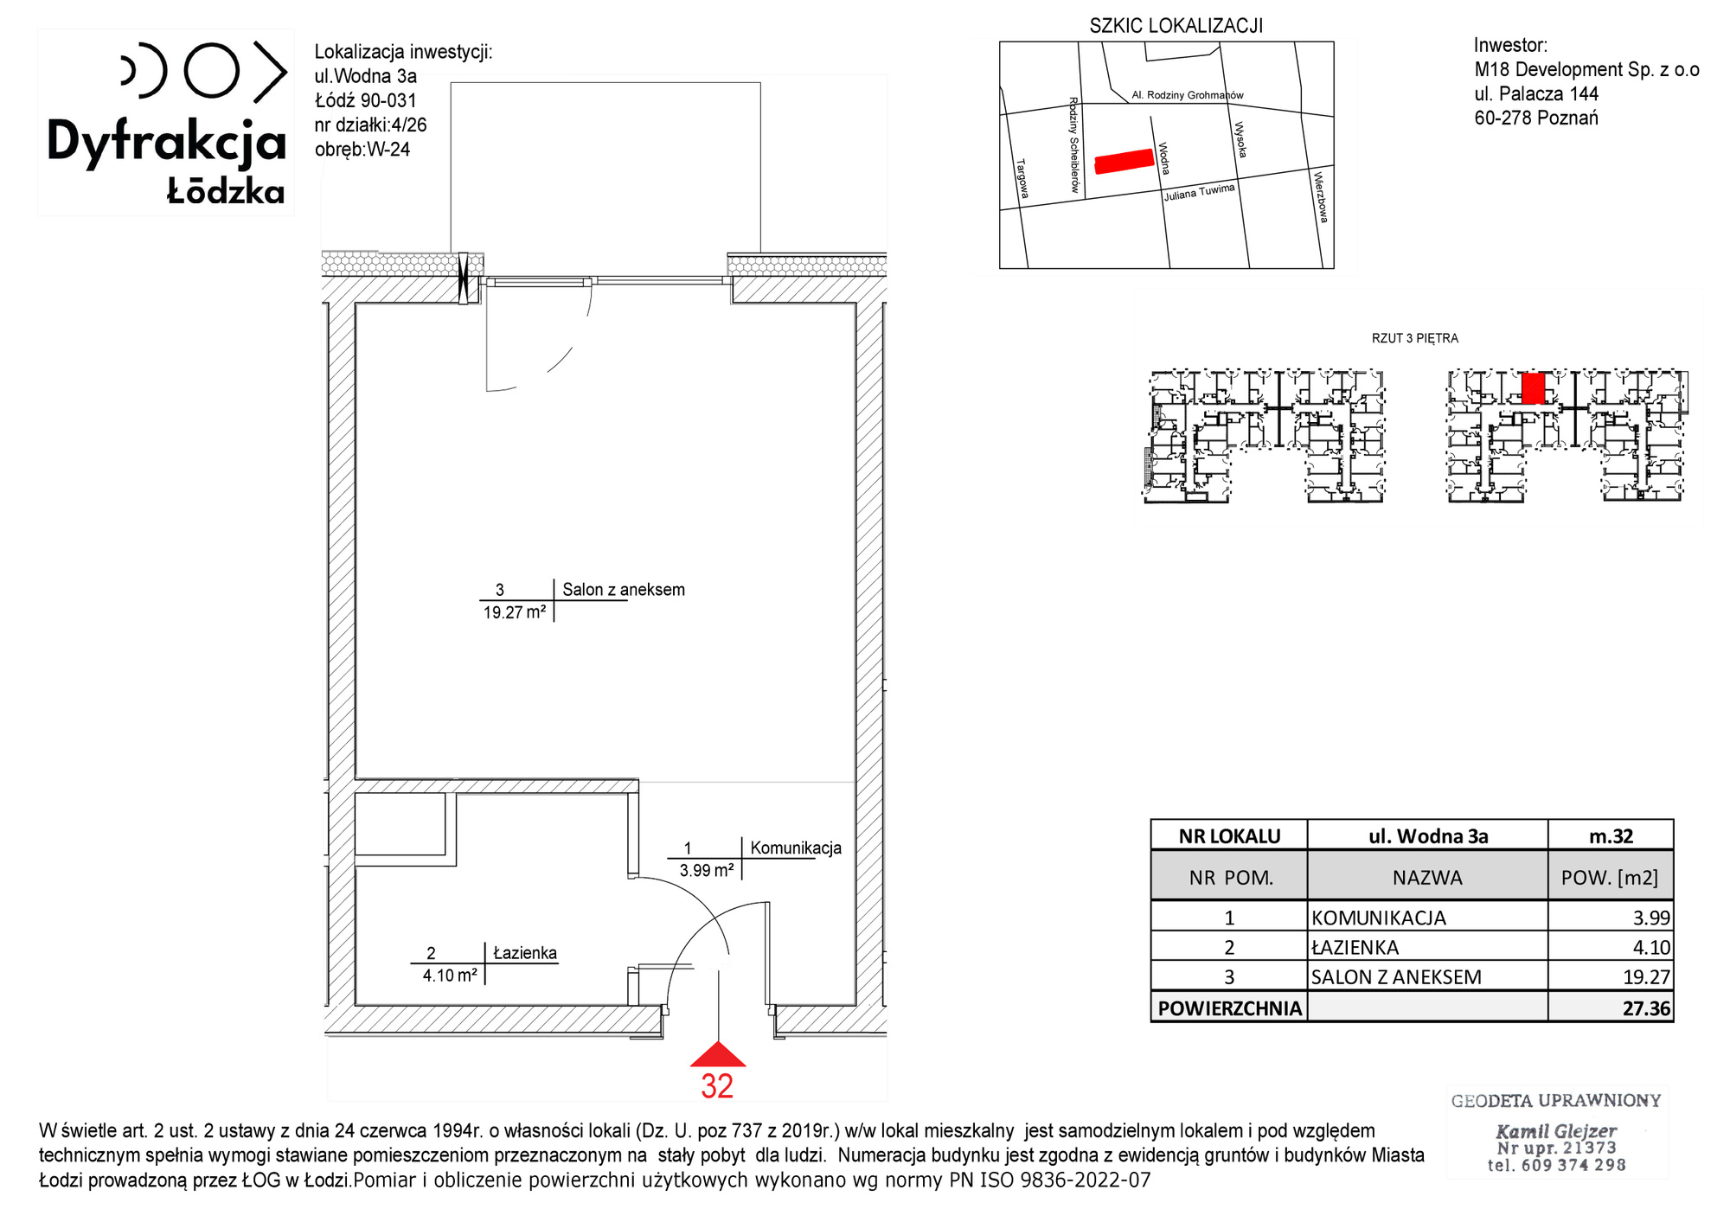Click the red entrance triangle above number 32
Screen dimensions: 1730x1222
(x=718, y=1054)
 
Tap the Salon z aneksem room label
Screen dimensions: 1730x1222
(x=624, y=590)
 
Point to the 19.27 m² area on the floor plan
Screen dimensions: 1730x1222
(x=515, y=612)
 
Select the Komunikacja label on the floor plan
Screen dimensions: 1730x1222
(x=796, y=848)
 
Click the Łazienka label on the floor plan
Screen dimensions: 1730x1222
(x=525, y=953)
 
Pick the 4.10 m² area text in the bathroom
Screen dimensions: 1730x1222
(x=450, y=976)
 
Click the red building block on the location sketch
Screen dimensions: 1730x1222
(x=1124, y=161)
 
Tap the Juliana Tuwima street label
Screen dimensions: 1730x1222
(x=1199, y=192)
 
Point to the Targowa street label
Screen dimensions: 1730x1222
(x=1022, y=178)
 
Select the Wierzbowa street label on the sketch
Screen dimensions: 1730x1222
(x=1321, y=197)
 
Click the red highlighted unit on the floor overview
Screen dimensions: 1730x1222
(x=1533, y=388)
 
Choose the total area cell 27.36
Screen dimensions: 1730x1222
(x=1647, y=1008)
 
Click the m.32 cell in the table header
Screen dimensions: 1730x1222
(x=1611, y=836)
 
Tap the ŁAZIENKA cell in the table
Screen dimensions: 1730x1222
(x=1355, y=947)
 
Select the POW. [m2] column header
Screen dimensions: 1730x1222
(x=1610, y=878)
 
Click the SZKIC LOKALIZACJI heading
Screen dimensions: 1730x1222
(x=1176, y=26)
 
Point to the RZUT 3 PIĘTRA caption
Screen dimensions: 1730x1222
(x=1415, y=338)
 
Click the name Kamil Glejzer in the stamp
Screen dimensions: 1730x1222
(x=1556, y=1130)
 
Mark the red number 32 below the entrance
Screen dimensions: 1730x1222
(x=717, y=1086)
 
